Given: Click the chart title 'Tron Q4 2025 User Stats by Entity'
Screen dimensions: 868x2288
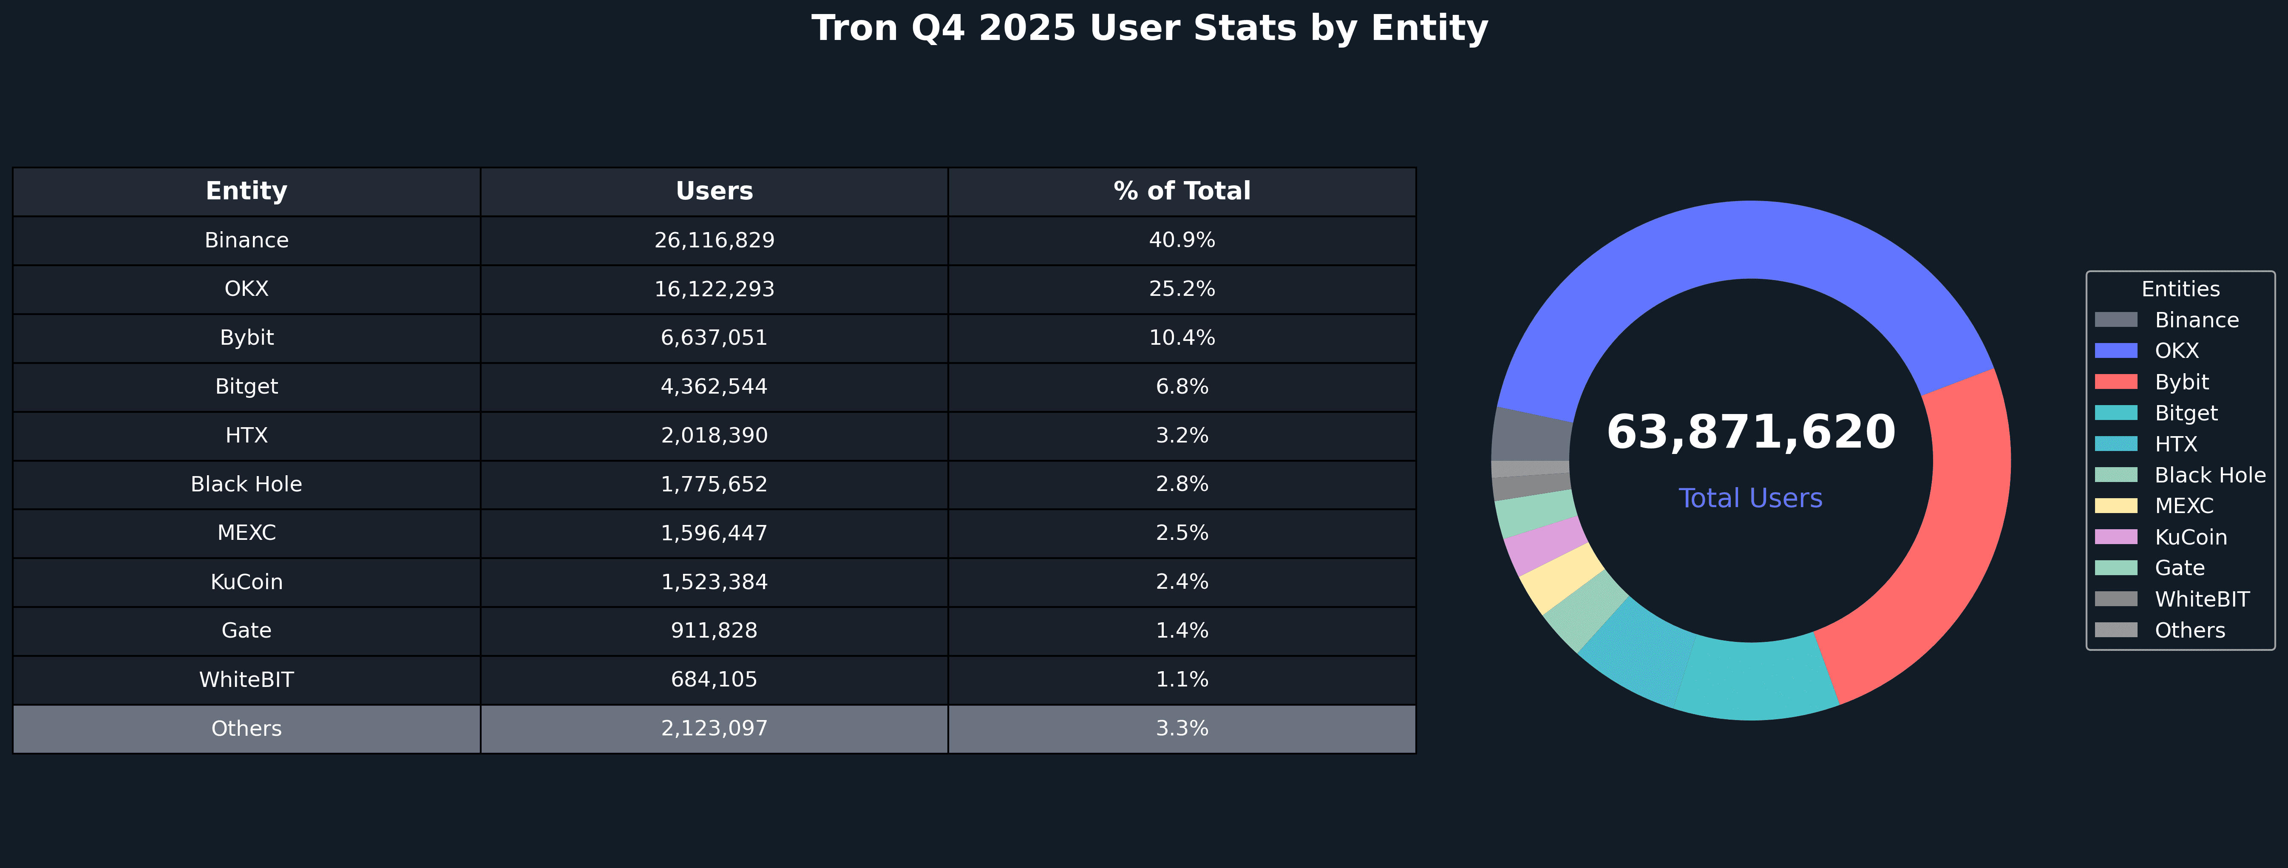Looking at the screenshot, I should pyautogui.click(x=1149, y=28).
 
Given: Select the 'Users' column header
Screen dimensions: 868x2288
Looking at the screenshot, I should pyautogui.click(x=714, y=191).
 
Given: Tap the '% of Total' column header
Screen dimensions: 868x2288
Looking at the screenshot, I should pyautogui.click(x=1181, y=191).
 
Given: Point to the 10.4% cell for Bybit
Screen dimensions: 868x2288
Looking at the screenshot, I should pyautogui.click(x=1181, y=338).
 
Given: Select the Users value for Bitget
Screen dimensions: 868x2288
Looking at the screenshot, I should pyautogui.click(x=714, y=386).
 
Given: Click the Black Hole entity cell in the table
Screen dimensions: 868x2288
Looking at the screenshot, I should pyautogui.click(x=246, y=484).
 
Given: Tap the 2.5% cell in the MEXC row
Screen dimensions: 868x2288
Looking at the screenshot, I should pyautogui.click(x=1181, y=533).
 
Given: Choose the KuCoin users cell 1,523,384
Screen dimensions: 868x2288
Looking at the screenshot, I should pyautogui.click(x=714, y=582).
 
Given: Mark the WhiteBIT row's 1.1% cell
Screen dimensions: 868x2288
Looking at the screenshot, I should pyautogui.click(x=1181, y=680).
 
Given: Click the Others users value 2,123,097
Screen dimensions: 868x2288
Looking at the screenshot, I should pyautogui.click(x=714, y=729).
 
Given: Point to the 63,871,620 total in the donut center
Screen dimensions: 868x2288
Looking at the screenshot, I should pyautogui.click(x=1751, y=433).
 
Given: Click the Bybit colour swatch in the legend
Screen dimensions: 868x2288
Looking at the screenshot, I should pyautogui.click(x=2116, y=382).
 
